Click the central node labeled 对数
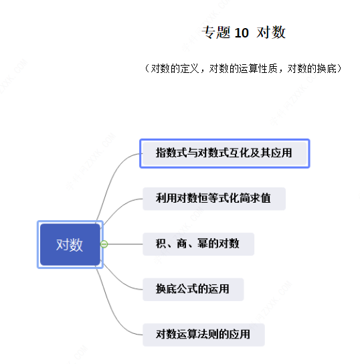click(x=70, y=244)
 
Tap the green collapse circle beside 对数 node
click(x=104, y=244)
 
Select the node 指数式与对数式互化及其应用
click(x=224, y=153)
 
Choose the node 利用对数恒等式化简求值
click(x=214, y=199)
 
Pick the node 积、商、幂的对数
click(x=198, y=244)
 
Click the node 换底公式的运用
click(x=193, y=290)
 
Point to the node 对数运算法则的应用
click(x=203, y=335)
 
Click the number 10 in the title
click(x=242, y=33)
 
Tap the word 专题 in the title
click(x=216, y=32)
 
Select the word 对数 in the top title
click(x=271, y=32)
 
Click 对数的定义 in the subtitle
click(x=175, y=68)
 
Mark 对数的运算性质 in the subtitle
click(x=244, y=68)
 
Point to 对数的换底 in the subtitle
click(x=312, y=68)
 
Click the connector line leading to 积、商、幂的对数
click(x=125, y=244)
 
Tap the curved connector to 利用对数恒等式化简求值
click(x=120, y=207)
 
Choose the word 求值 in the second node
click(x=260, y=199)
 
